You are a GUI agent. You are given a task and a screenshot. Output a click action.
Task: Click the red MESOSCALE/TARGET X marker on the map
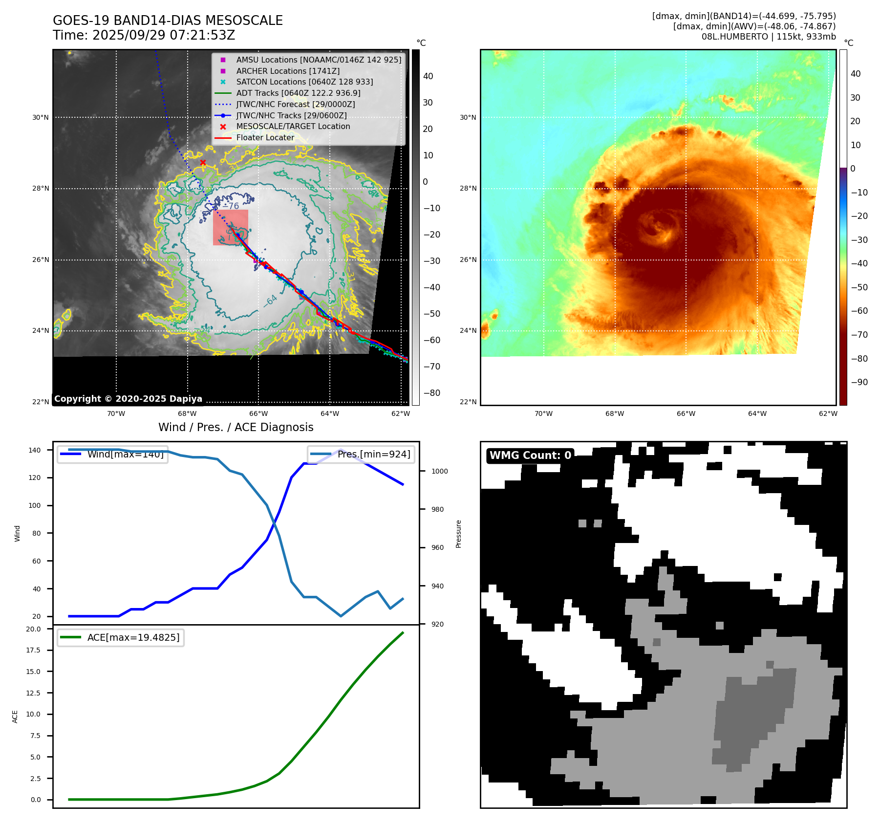203,163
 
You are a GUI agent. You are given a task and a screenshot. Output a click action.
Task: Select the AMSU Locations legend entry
318,60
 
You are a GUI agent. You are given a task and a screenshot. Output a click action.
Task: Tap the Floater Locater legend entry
265,138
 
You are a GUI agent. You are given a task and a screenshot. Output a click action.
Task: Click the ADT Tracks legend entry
298,93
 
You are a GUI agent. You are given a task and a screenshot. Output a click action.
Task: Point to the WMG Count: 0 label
530,456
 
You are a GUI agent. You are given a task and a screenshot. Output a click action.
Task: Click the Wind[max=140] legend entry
125,455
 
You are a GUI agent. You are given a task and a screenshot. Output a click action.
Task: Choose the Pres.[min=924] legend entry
373,455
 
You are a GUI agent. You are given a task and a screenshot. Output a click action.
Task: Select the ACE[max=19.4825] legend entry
133,637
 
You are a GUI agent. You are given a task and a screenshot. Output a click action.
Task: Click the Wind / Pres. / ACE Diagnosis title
236,427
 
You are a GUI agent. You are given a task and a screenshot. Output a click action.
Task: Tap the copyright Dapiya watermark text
128,399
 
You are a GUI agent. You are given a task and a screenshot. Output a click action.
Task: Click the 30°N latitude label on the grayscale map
41,118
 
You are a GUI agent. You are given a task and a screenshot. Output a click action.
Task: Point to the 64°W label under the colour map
757,414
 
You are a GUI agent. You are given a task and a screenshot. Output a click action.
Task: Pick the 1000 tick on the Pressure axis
439,471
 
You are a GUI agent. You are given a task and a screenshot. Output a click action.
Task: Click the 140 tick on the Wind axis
35,450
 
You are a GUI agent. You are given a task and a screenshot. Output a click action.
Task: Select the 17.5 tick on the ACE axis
33,650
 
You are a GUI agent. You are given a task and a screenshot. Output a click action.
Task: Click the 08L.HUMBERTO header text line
769,37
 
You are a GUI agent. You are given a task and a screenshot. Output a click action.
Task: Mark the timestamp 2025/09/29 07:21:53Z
164,36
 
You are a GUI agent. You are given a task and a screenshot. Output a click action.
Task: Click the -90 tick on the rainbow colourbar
859,382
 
